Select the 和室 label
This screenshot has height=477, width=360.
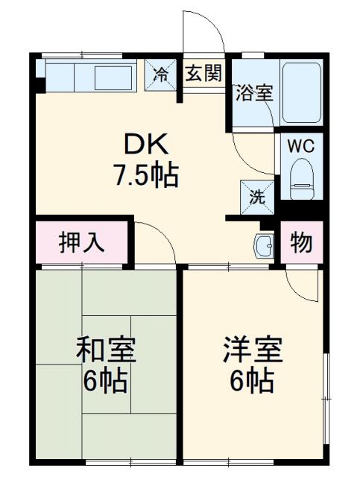pos(105,350)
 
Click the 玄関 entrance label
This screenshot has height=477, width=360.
pos(203,74)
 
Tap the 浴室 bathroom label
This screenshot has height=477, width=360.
pos(254,93)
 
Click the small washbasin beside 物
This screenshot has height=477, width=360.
pos(263,244)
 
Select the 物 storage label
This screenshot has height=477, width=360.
pos(301,243)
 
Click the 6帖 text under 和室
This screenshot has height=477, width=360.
pos(105,382)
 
